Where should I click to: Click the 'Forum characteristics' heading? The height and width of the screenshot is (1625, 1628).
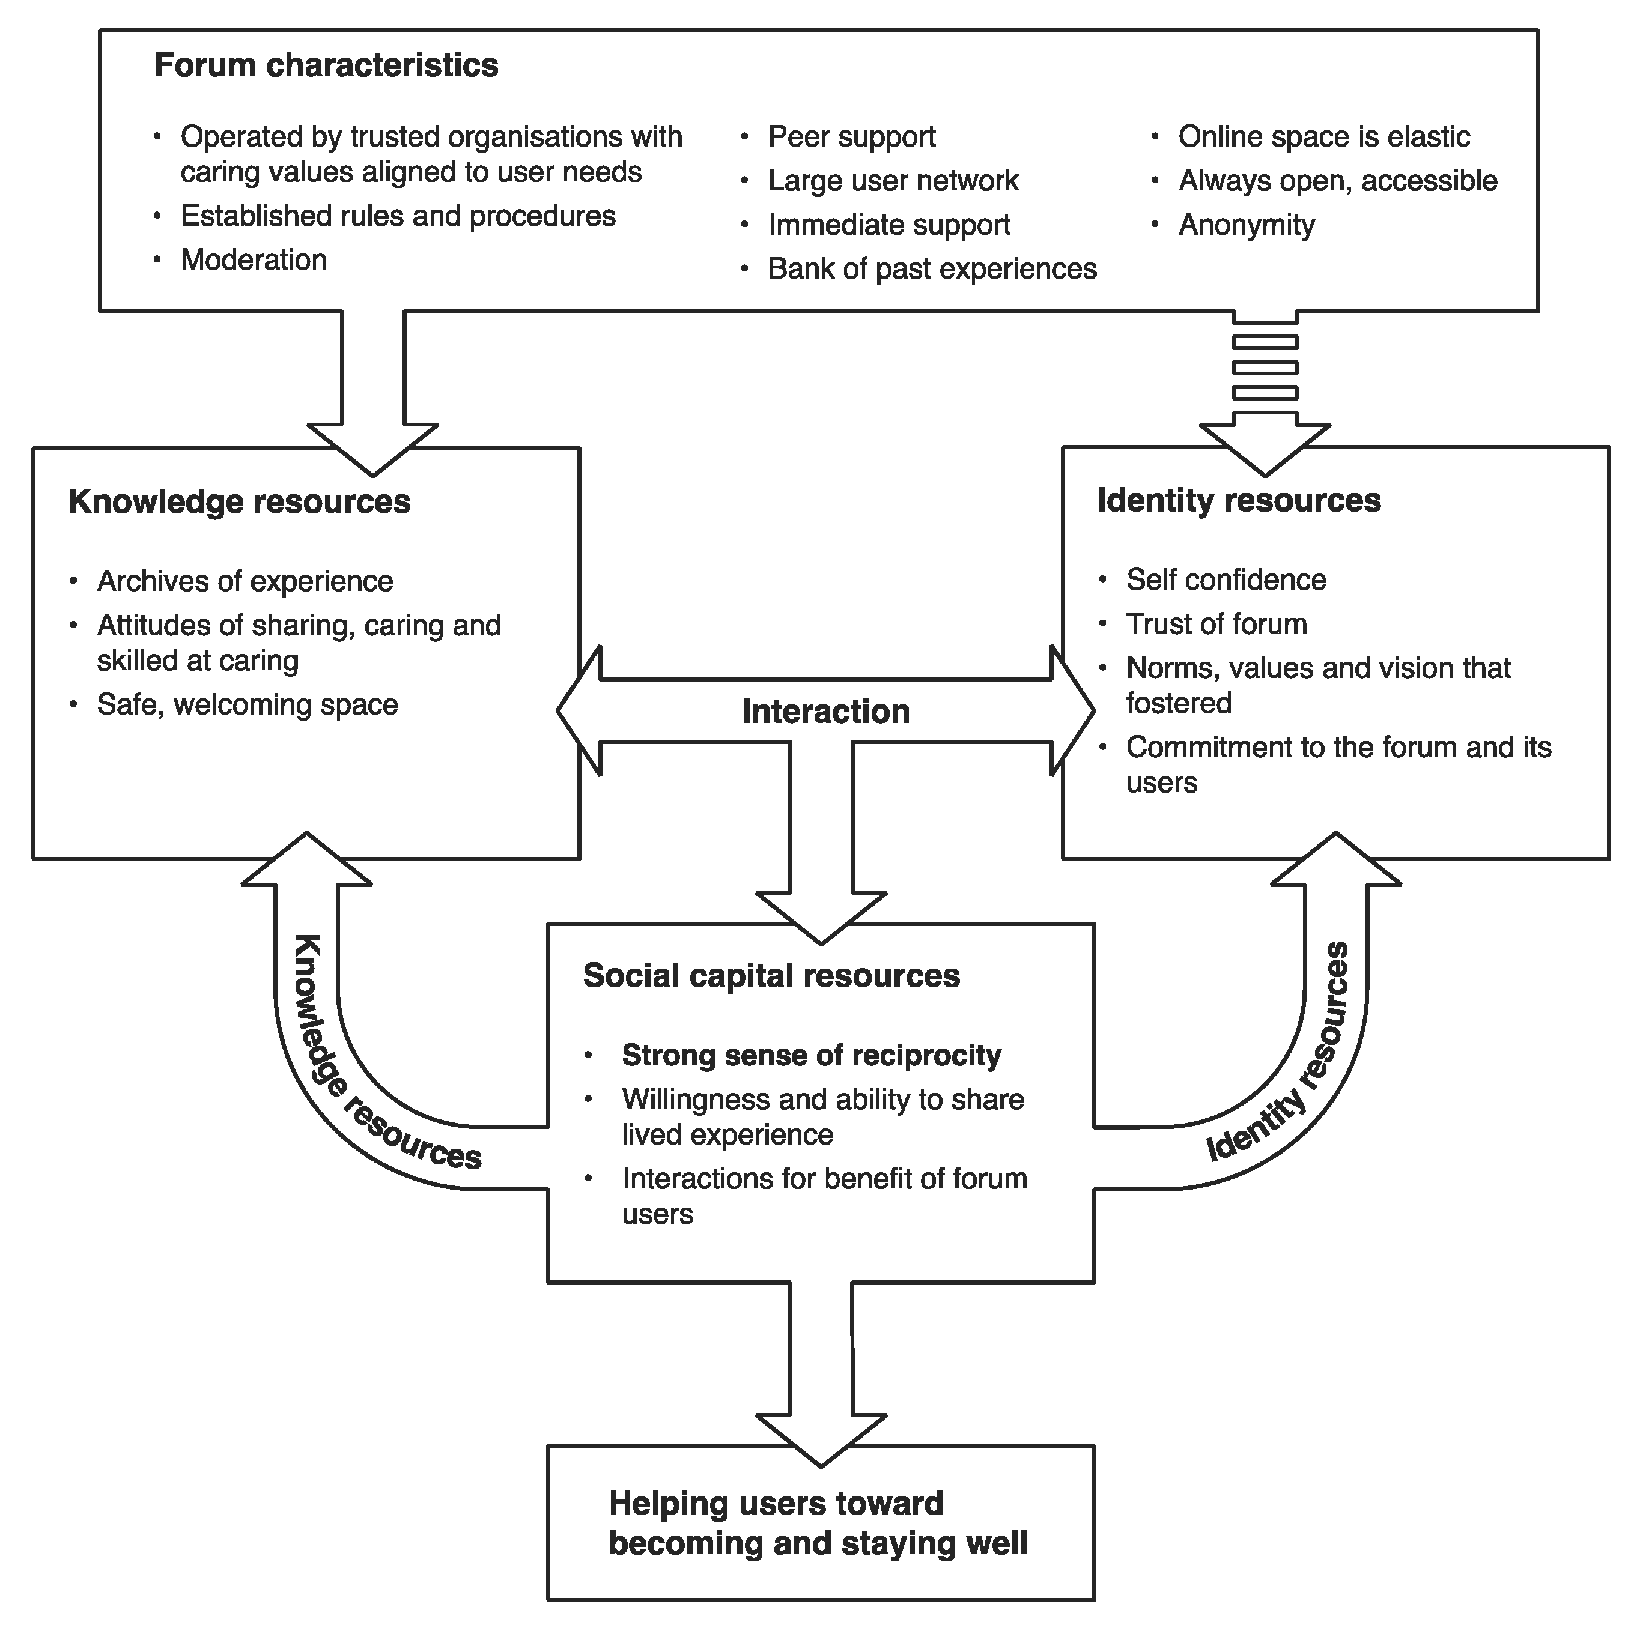326,65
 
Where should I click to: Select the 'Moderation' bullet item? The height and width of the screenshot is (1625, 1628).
254,259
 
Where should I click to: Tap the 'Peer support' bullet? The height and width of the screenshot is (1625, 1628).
851,136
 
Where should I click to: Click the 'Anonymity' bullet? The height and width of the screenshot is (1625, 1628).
1247,225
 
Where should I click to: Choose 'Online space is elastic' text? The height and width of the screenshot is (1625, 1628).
1324,136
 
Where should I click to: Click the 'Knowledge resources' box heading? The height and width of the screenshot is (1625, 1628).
239,502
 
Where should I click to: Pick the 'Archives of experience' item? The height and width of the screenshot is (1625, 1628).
245,581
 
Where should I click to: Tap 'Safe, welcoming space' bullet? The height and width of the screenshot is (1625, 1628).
248,705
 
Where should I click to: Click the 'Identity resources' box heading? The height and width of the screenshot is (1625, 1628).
1239,500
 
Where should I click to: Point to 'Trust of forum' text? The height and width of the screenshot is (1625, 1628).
1216,624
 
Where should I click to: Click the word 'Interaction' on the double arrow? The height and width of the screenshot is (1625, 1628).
826,712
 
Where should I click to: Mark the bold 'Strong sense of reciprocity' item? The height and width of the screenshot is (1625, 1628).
812,1056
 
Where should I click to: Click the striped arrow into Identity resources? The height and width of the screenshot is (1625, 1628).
1265,392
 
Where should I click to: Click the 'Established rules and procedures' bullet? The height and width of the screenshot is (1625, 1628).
398,217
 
